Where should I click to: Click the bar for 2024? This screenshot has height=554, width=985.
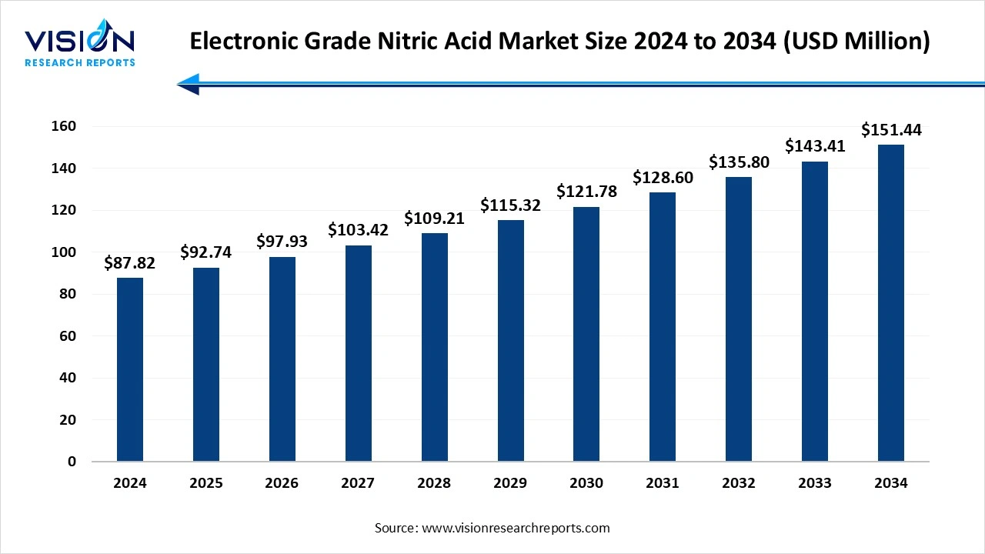click(130, 369)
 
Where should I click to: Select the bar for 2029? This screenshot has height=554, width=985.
click(510, 340)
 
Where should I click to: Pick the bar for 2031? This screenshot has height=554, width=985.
click(663, 326)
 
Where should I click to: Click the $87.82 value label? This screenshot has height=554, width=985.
click(129, 263)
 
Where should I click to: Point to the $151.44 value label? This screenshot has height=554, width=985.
click(891, 130)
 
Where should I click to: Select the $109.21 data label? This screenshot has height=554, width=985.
click(434, 218)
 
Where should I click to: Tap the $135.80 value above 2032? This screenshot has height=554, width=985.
click(739, 162)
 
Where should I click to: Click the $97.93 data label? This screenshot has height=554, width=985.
click(282, 241)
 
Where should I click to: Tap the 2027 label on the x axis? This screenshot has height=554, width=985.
click(358, 483)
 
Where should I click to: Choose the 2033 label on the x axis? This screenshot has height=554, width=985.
click(815, 483)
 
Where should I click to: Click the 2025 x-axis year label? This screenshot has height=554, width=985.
click(205, 483)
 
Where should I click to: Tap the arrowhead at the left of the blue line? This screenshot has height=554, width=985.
click(189, 84)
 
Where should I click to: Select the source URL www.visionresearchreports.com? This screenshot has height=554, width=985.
click(516, 528)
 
